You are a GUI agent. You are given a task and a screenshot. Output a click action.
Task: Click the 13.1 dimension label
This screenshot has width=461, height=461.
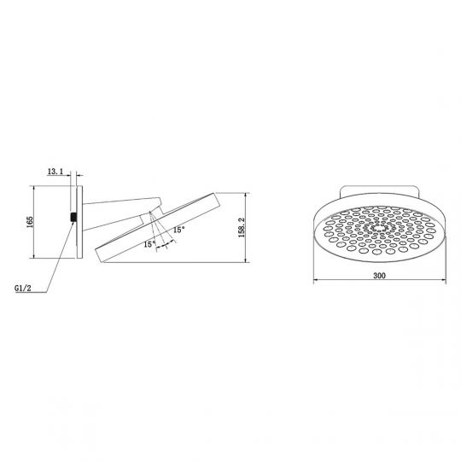tap(55, 172)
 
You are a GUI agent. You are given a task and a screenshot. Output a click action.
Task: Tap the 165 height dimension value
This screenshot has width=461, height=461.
tap(30, 222)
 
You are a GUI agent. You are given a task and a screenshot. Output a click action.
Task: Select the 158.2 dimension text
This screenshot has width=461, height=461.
tap(242, 228)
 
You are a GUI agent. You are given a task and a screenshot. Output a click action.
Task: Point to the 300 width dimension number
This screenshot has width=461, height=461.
tap(379, 276)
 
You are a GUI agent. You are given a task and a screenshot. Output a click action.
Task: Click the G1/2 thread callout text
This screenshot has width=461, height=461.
tap(23, 289)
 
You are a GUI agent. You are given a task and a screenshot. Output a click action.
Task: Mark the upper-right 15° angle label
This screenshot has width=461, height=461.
tap(179, 230)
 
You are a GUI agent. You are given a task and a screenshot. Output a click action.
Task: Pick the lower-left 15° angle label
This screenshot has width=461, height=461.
tap(149, 244)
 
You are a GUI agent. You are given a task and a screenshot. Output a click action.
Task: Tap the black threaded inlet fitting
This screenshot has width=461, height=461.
tap(73, 217)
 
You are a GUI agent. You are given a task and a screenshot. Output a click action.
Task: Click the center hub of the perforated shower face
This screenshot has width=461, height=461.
tap(378, 229)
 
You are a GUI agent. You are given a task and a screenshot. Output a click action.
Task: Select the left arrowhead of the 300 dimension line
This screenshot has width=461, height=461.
tap(316, 280)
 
